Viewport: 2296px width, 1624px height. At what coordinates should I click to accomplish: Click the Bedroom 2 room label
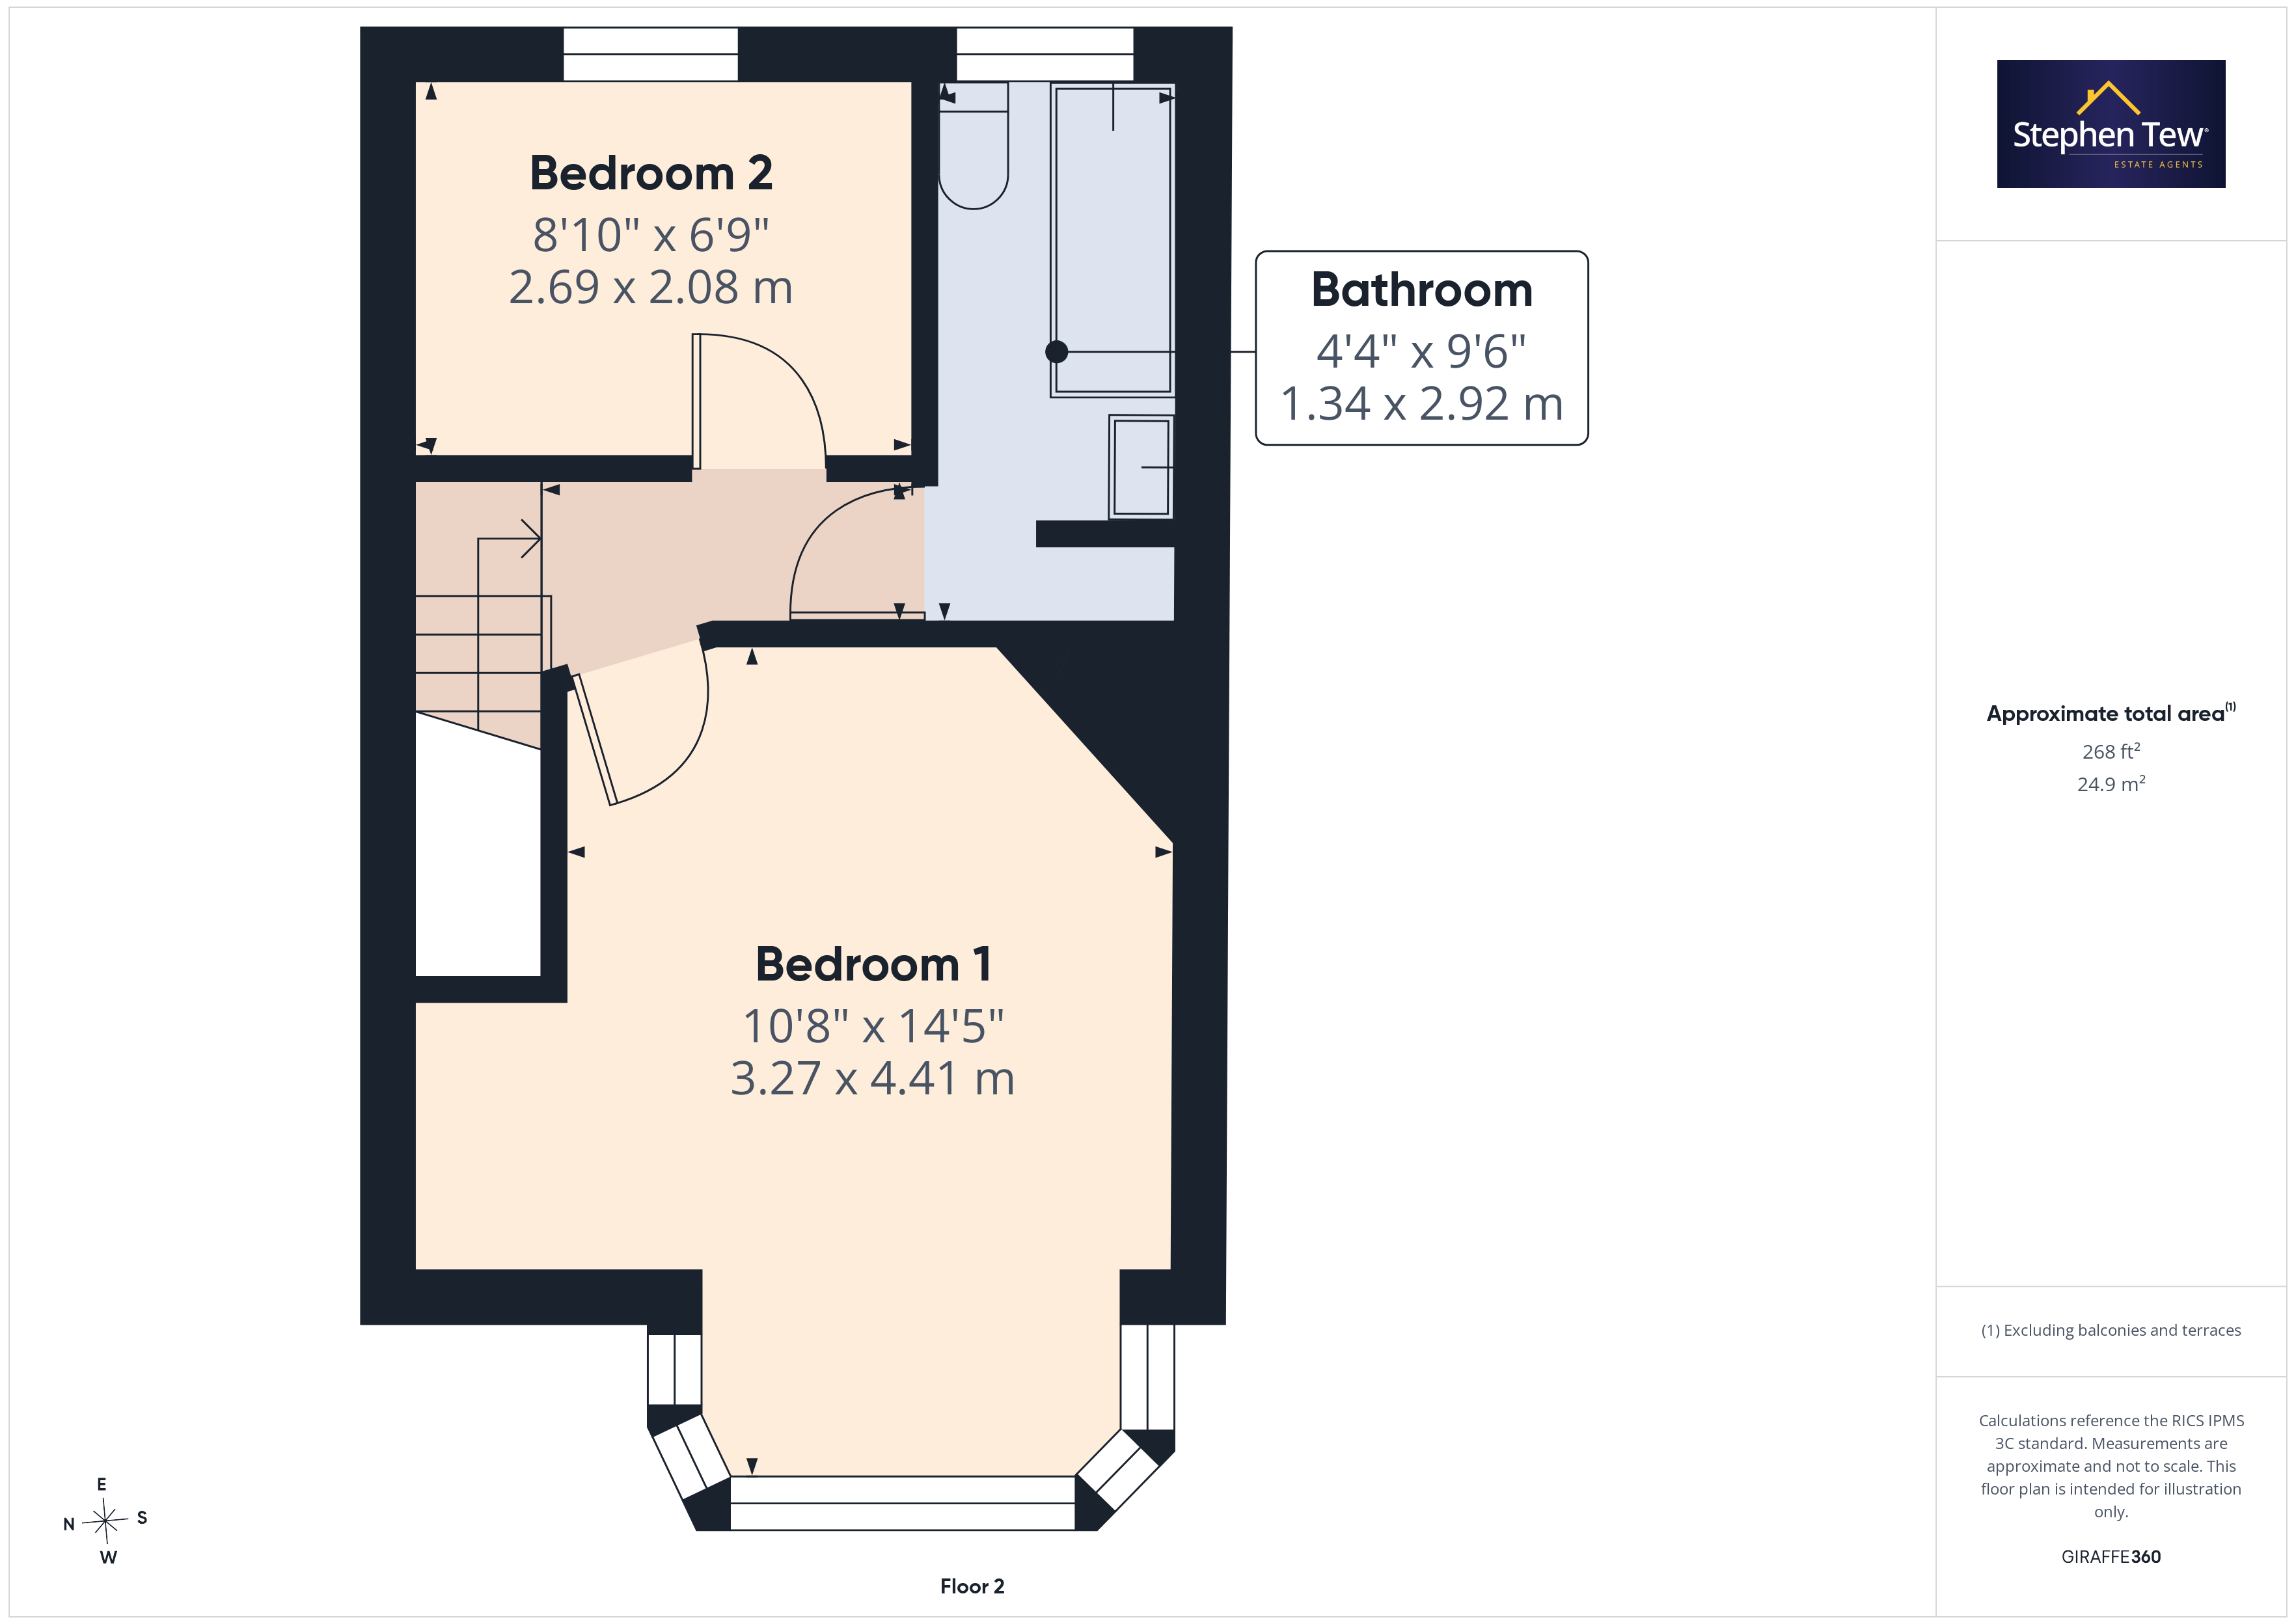pos(651,173)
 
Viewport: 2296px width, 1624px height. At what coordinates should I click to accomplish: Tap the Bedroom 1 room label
pos(873,964)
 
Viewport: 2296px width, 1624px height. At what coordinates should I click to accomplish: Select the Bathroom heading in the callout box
pos(1421,290)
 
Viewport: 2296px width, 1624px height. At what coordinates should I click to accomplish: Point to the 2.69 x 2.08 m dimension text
pos(651,287)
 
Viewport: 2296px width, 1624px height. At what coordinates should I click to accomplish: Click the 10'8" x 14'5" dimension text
pos(873,1026)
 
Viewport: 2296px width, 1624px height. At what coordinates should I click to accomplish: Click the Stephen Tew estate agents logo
pos(2111,124)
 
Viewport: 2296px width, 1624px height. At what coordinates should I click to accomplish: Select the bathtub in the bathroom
pos(1112,240)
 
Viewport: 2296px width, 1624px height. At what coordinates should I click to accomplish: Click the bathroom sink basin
pos(1141,467)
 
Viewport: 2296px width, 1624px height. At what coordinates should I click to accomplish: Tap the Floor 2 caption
pos(972,1586)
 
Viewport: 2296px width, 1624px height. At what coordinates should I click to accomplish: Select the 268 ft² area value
pos(2111,751)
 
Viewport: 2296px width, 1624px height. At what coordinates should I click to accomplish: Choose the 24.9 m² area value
pos(2111,784)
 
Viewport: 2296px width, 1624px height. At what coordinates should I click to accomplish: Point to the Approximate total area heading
pos(2111,713)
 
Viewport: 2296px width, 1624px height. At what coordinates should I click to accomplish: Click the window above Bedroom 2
pos(651,54)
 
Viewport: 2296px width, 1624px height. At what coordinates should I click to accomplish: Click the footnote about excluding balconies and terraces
pos(2111,1330)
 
